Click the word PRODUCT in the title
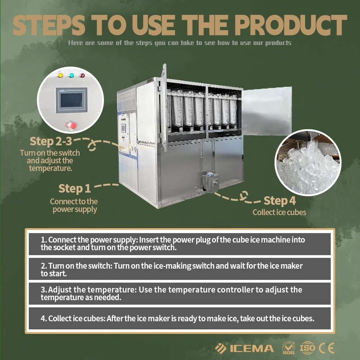click(x=290, y=25)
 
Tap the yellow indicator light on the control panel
click(x=60, y=75)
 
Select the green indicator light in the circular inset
click(x=72, y=75)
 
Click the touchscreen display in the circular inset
click(x=72, y=100)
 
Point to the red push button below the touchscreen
click(x=71, y=126)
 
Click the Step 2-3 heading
click(x=51, y=141)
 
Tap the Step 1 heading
click(x=75, y=189)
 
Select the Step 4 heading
click(x=279, y=201)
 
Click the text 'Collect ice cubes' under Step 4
click(x=279, y=212)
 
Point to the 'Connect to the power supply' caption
click(x=74, y=206)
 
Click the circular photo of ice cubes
click(x=308, y=162)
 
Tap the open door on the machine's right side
click(x=267, y=111)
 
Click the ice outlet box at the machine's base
click(x=210, y=182)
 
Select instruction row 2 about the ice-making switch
click(x=180, y=269)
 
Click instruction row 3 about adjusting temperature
click(x=180, y=294)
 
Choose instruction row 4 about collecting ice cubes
click(x=180, y=319)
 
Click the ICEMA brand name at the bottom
click(x=252, y=348)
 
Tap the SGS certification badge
click(x=288, y=348)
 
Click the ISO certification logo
click(x=307, y=348)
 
